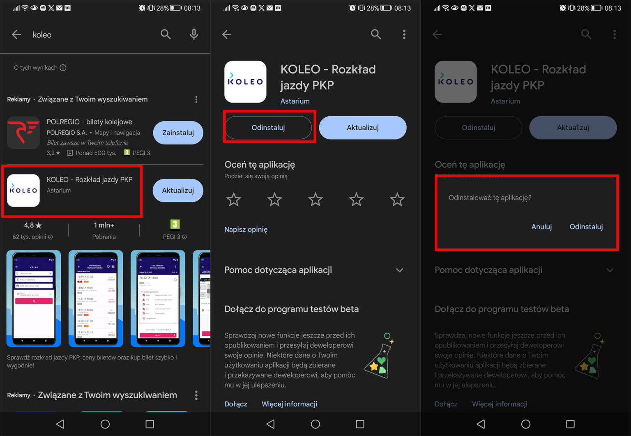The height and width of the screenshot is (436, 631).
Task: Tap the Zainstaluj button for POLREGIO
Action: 178,133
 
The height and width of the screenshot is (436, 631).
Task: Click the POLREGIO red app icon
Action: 23,133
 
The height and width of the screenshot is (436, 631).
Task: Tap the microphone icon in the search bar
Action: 194,34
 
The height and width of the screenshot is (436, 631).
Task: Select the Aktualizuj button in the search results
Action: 178,190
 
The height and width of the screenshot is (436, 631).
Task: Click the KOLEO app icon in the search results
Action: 23,190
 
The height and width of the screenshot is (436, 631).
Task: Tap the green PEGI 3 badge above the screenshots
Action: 175,224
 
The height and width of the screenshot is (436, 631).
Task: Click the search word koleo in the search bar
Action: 42,35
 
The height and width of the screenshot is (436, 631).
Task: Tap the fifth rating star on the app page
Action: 397,200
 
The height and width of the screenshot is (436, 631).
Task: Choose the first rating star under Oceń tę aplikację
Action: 234,200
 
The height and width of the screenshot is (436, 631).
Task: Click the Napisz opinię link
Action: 246,229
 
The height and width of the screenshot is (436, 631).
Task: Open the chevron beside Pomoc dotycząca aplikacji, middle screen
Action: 399,270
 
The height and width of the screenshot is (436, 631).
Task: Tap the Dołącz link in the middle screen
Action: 236,404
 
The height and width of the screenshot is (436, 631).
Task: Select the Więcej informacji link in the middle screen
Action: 289,404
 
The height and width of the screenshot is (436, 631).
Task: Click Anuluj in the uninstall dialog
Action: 541,227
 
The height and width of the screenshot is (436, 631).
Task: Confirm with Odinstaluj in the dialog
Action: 586,227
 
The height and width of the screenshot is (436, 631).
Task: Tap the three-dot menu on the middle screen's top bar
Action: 404,34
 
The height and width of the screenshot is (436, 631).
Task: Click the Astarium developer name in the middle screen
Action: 295,101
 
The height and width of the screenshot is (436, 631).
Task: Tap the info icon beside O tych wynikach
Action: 63,68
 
